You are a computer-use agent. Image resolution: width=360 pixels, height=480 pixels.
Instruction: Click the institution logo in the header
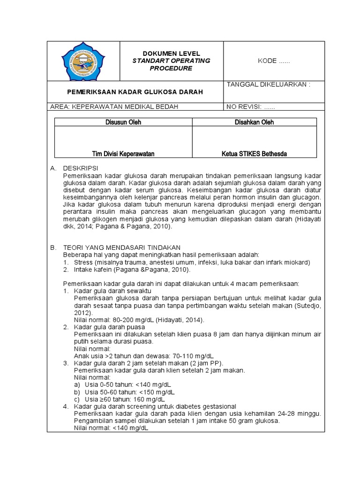[x=84, y=61]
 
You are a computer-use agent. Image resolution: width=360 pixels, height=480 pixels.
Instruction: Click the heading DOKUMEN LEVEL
[x=171, y=54]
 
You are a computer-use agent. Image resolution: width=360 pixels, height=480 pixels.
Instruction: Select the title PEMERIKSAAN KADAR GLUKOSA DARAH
[x=136, y=92]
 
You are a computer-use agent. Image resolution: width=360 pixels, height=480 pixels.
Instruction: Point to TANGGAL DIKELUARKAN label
[x=269, y=85]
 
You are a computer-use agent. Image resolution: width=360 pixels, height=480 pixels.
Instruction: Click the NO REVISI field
[x=251, y=107]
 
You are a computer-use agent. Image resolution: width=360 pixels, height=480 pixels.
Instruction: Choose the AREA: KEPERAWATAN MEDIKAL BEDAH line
[x=114, y=107]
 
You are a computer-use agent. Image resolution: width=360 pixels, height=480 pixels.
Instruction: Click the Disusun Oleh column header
[x=123, y=122]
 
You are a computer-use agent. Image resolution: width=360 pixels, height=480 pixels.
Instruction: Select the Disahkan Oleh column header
[x=254, y=122]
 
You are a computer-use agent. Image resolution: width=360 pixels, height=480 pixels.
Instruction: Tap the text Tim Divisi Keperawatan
[x=123, y=154]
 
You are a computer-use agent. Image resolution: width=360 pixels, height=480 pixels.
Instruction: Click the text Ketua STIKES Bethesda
[x=254, y=154]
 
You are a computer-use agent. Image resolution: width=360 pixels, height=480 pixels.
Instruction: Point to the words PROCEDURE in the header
[x=171, y=68]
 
